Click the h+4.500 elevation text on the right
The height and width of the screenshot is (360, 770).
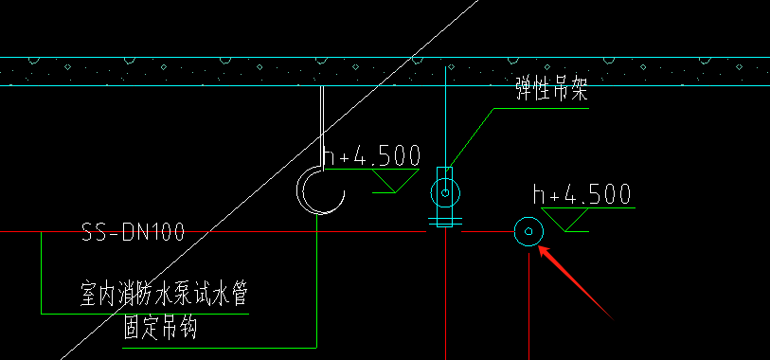pos(582,195)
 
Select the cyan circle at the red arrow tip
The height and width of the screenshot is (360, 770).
pos(527,230)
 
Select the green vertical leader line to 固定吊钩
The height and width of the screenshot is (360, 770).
pos(315,284)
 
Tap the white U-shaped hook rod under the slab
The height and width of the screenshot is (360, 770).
pos(322,123)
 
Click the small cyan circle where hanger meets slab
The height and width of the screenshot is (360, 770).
pos(449,66)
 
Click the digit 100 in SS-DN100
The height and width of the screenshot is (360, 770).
pos(165,232)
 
